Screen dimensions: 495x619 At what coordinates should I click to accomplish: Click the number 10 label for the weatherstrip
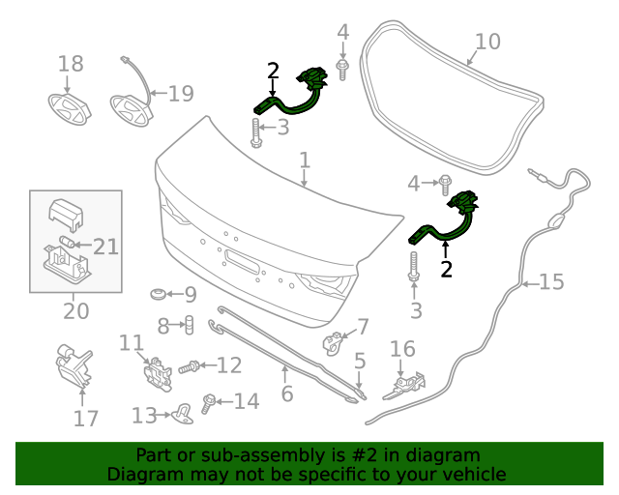coord(488,42)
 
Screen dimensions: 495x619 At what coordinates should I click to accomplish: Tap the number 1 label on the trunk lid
coord(304,160)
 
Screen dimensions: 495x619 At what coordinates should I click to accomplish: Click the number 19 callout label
coord(181,94)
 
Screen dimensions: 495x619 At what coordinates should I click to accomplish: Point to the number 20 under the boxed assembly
coord(75,311)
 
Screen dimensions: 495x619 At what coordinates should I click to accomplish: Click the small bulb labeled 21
coord(68,241)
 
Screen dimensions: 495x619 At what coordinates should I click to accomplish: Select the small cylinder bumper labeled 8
coord(189,325)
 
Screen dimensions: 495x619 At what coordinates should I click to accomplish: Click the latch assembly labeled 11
coord(153,373)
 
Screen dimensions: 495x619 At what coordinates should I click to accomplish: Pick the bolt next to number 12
coord(190,366)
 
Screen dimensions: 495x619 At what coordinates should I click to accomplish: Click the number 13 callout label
coord(144,416)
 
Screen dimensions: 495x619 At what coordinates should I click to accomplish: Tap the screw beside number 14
coord(208,400)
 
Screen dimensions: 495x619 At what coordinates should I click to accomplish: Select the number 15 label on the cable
coord(551,282)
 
